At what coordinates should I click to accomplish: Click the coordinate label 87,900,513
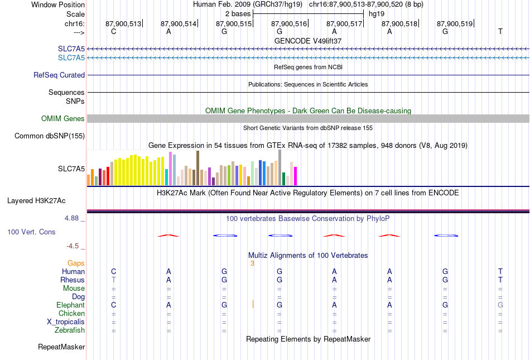pos(123,23)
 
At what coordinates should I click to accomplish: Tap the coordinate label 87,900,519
pos(455,23)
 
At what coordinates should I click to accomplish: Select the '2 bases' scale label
pos(238,13)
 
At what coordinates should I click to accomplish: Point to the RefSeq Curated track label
pos(59,75)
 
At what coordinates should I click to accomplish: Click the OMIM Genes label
pos(63,119)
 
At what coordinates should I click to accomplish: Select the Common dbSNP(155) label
pos(50,136)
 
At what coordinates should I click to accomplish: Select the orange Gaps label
pos(76,263)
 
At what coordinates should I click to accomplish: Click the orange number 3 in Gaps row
pos(252,263)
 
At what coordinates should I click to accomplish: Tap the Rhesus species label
pos(73,280)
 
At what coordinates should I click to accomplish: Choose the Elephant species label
pos(70,305)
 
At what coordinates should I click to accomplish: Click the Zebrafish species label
pos(70,330)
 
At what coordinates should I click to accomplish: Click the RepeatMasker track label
pos(61,347)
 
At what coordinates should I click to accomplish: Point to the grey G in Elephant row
pos(500,305)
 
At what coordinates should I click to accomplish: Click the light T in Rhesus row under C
pos(114,280)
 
